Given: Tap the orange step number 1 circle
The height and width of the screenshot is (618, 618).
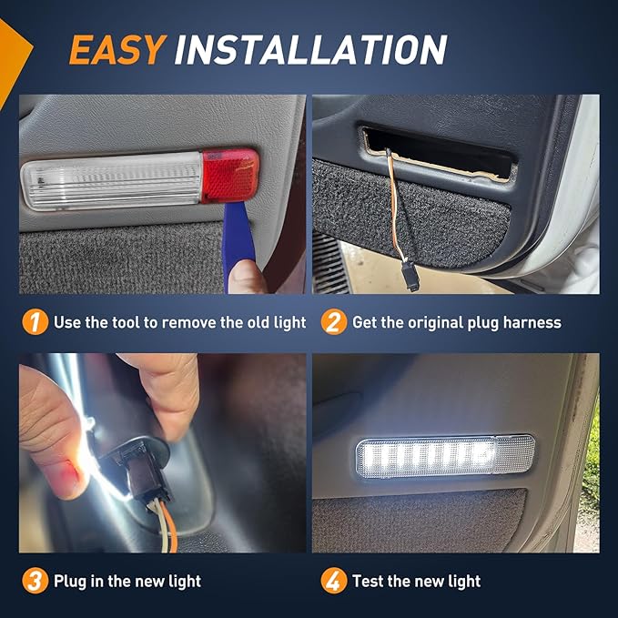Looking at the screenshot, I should point(35,322).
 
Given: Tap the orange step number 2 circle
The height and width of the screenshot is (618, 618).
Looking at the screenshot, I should point(334,322).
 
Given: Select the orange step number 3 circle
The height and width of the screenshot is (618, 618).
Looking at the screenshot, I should point(35,581).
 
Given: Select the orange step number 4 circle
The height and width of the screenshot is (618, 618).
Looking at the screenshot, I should point(334,581).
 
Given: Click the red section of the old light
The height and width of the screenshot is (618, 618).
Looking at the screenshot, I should point(230,176).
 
